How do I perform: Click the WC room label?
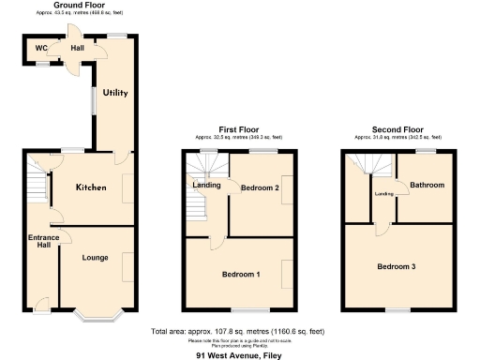[x=41, y=49]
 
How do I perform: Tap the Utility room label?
[x=115, y=93]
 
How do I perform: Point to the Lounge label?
[x=96, y=257]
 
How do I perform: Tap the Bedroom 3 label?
[x=397, y=267]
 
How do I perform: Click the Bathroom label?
[x=426, y=185]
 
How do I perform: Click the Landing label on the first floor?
[x=206, y=185]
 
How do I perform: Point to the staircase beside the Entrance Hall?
[x=37, y=184]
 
